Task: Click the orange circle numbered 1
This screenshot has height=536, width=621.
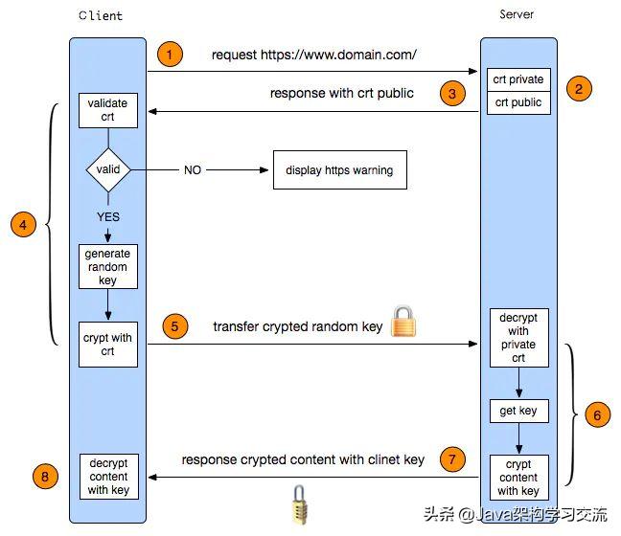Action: (169, 55)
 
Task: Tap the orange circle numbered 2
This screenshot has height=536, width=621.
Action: (578, 88)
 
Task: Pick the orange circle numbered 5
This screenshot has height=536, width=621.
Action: (173, 325)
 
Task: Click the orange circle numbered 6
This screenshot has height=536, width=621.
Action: (596, 415)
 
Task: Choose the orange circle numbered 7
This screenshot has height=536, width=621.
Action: (452, 459)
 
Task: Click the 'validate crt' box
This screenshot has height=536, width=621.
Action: (107, 110)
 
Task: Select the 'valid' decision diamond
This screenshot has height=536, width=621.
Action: (108, 169)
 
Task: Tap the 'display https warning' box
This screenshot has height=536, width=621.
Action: (339, 170)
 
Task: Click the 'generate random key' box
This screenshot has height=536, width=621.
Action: (107, 267)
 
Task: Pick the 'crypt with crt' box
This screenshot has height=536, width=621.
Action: (107, 345)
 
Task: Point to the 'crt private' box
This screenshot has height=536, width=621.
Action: (519, 79)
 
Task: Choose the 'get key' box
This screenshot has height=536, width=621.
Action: (519, 412)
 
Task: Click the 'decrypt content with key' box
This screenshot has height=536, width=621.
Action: (107, 476)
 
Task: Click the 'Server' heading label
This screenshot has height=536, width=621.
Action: (517, 14)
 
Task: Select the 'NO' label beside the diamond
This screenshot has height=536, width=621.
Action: (193, 170)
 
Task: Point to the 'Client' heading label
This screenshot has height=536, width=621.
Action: (102, 16)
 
